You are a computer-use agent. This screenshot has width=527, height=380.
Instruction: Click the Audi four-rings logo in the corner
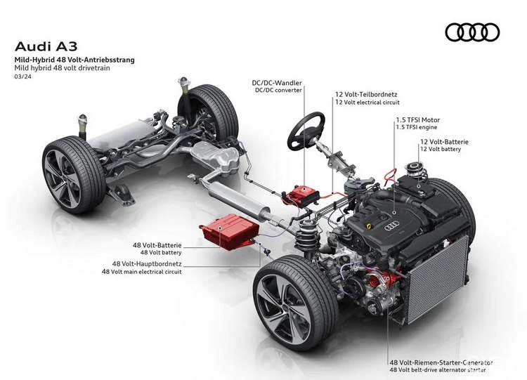tap(472, 32)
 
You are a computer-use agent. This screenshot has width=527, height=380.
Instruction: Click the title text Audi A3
tap(46, 46)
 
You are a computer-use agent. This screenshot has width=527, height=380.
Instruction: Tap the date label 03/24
tap(20, 77)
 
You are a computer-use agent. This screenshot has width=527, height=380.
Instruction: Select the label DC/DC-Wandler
tap(277, 83)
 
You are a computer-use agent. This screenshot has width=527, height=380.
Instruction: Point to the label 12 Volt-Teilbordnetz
tap(366, 95)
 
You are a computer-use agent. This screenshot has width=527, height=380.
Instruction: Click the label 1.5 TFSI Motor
tap(418, 120)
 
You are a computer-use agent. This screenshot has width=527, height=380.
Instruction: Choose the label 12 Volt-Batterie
tap(444, 142)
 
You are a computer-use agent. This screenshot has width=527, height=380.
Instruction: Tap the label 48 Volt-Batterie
tap(157, 245)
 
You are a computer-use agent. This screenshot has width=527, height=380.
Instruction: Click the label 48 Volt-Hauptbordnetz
tap(147, 263)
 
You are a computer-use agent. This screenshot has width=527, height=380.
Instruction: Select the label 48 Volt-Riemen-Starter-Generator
tap(441, 362)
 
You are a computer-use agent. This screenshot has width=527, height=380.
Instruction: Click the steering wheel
tap(306, 131)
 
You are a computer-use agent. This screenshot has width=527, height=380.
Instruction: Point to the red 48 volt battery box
tap(230, 232)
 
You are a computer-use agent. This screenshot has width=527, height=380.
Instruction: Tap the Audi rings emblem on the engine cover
tap(392, 226)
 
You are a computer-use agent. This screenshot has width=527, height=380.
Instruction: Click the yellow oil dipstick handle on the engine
tap(370, 225)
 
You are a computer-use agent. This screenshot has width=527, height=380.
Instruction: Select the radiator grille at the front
tap(438, 278)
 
